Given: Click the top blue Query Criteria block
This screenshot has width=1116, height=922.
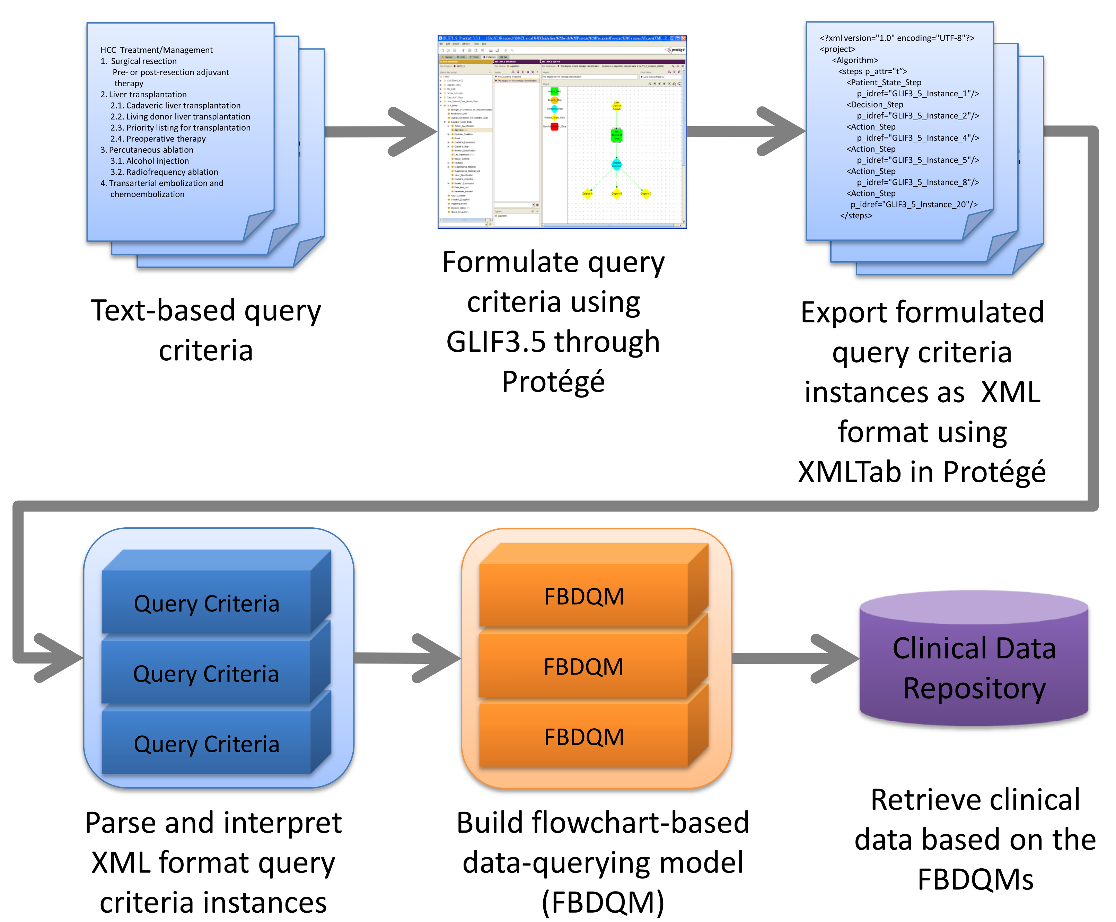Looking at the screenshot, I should point(206,603).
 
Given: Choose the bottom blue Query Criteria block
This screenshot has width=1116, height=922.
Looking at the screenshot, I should point(206,744).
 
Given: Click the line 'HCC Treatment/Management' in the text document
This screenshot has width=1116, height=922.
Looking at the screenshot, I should point(157,50).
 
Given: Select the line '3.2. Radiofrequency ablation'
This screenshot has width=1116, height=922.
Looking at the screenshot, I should point(164,172).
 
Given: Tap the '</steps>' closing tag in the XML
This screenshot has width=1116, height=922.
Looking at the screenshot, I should point(856,216).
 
